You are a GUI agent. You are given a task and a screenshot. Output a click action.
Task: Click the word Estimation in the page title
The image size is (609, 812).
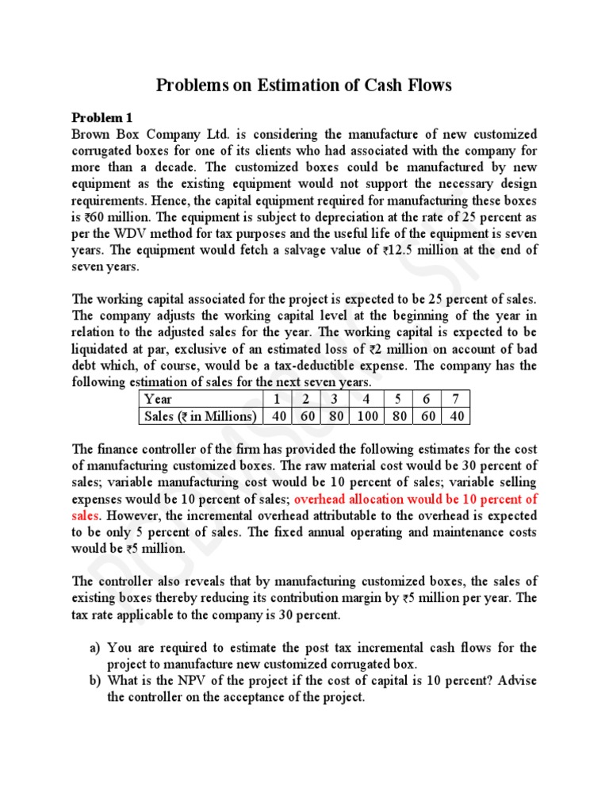(x=279, y=85)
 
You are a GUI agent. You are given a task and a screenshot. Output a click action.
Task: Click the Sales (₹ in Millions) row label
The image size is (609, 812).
(x=200, y=416)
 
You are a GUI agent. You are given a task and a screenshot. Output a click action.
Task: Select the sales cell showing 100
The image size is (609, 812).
(x=366, y=416)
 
